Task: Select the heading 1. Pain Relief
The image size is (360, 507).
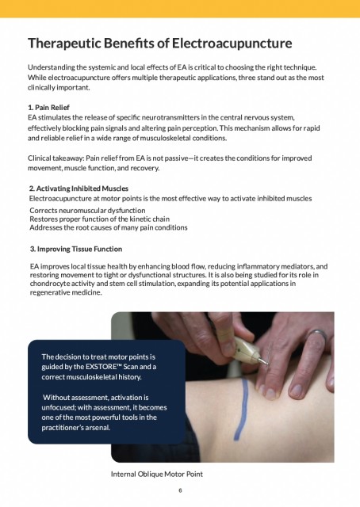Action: [48, 108]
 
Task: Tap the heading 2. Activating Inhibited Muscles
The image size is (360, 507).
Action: [79, 189]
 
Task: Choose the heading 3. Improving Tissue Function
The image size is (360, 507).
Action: [76, 249]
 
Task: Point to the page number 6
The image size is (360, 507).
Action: [180, 490]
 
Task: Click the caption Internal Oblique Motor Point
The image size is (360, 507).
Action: [157, 474]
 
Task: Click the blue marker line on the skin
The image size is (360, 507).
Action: [241, 409]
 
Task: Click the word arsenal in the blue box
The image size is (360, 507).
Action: [99, 428]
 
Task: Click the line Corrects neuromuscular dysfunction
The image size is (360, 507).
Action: [87, 211]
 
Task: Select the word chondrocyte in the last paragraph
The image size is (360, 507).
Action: [46, 284]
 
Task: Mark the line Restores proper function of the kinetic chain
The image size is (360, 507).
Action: [99, 219]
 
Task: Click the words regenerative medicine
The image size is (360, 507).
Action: [66, 292]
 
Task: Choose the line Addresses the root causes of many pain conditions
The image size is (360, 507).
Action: [109, 227]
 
